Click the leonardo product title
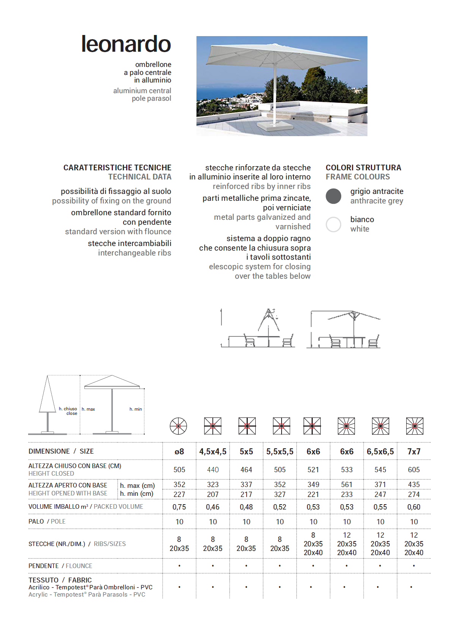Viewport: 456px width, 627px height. [x=126, y=44]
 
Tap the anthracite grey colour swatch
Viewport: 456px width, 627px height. [x=333, y=196]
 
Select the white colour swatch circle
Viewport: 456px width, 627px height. [x=333, y=224]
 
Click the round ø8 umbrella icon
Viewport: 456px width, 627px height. [x=178, y=426]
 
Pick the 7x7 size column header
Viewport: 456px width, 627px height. [x=414, y=451]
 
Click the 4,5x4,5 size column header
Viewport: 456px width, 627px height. [x=213, y=451]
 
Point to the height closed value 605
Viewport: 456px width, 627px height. [x=414, y=470]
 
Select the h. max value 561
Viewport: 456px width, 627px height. [x=347, y=484]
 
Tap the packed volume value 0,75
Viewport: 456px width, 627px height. [x=179, y=507]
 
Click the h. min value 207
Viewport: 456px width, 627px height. [x=213, y=494]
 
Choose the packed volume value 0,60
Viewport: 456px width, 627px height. [x=414, y=507]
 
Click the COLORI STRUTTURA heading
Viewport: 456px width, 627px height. [x=363, y=168]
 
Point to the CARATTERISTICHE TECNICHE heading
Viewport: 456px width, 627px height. [x=117, y=168]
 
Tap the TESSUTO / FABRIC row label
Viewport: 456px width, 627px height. [x=60, y=580]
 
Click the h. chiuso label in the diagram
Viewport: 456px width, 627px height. [x=68, y=409]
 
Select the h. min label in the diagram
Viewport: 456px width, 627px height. [x=136, y=409]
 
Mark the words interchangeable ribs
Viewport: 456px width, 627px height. [x=135, y=253]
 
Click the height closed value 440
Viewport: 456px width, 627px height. [x=213, y=470]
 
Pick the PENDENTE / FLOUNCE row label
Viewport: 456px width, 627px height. [x=60, y=566]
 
